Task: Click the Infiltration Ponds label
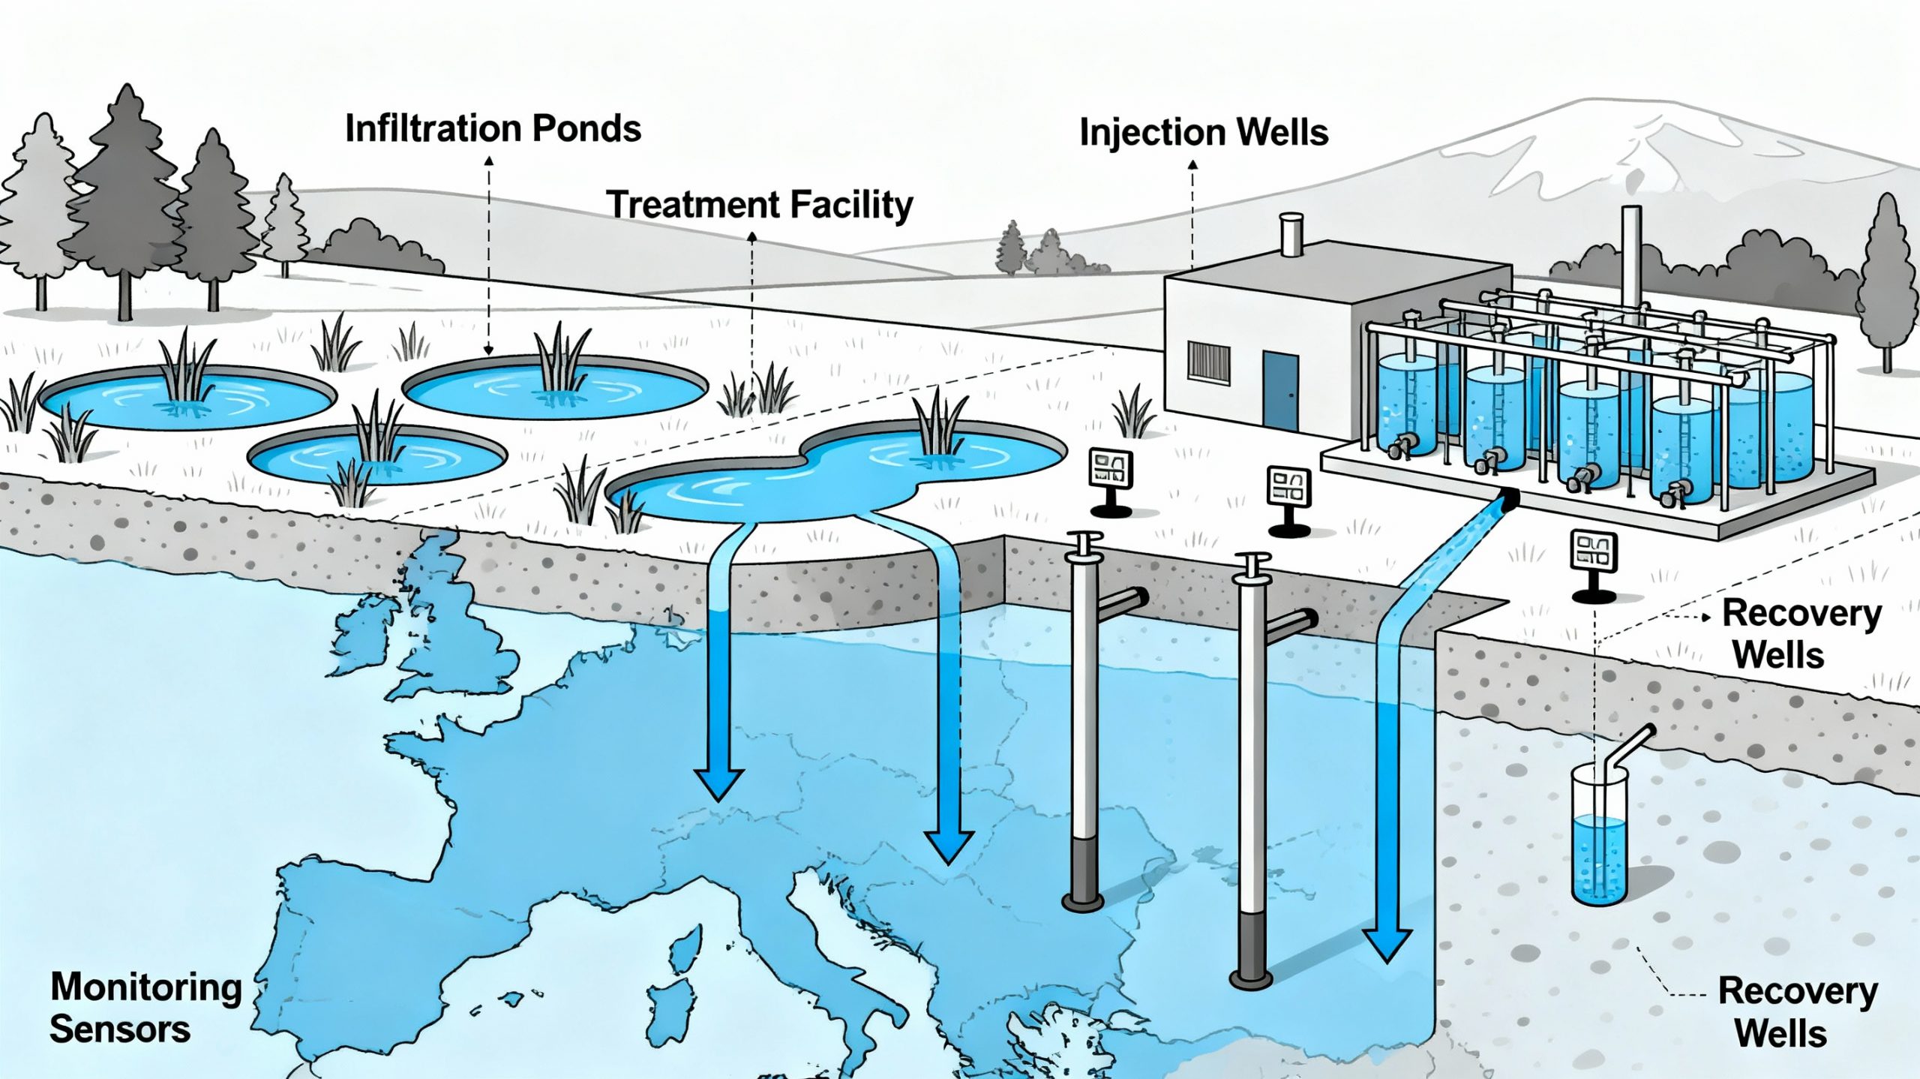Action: (493, 129)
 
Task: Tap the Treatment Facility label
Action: (759, 205)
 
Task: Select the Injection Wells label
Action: (1203, 133)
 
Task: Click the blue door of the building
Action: (1280, 390)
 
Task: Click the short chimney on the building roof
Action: (1290, 234)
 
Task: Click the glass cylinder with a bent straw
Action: (1599, 840)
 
